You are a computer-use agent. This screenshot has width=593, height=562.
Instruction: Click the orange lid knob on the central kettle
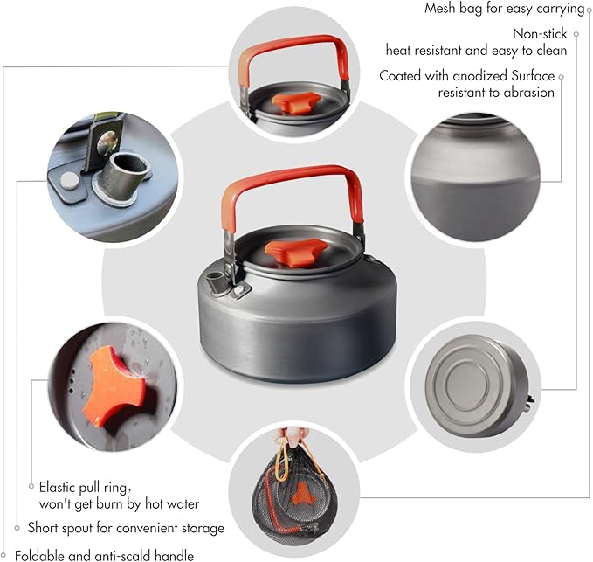click(290, 254)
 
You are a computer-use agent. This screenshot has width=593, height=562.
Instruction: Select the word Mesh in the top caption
click(443, 9)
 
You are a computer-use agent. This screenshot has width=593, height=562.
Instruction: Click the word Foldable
click(42, 554)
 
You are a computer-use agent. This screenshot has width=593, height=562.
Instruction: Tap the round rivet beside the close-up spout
click(68, 181)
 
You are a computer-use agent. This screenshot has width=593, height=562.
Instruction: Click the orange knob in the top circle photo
click(291, 102)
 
